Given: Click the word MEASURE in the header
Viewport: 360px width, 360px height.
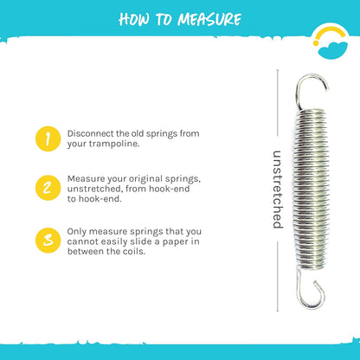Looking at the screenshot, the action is tap(209, 20).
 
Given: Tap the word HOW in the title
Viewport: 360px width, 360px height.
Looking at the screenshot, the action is tap(134, 20).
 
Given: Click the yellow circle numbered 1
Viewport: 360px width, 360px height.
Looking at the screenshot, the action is tap(48, 138).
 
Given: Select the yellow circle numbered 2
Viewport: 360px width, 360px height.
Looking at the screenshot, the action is tap(48, 188).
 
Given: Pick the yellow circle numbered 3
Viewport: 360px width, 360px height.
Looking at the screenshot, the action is tap(48, 241).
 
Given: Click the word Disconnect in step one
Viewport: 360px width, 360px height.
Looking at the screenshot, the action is tap(91, 133).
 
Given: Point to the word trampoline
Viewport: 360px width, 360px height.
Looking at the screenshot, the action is tap(114, 144).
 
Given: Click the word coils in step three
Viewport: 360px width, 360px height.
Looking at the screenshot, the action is tap(135, 251).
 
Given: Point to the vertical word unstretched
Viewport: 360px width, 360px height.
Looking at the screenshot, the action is tap(278, 190).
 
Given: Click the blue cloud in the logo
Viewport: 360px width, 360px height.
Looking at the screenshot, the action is tap(332, 50).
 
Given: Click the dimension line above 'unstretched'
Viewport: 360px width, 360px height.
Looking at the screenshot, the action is tap(278, 103).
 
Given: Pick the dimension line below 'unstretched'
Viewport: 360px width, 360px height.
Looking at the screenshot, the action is tap(278, 277).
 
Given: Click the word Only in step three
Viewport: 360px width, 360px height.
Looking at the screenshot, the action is tap(77, 232).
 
